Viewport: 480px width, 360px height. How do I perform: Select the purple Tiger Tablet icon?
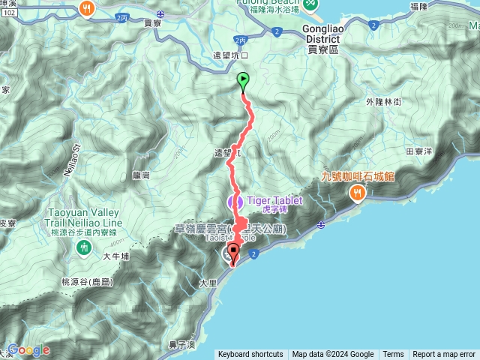click(232, 201)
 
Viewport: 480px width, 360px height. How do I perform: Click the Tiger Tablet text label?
click(271, 200)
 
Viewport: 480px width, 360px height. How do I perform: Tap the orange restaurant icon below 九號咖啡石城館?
click(356, 192)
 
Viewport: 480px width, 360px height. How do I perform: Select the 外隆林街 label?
click(383, 100)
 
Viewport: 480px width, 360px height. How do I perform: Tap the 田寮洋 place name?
click(418, 151)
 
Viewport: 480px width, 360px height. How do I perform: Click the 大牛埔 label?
click(118, 256)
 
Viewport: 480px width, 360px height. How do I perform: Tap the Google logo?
click(28, 349)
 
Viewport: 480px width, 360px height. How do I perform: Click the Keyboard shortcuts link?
click(250, 355)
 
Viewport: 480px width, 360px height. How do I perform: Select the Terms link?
click(393, 355)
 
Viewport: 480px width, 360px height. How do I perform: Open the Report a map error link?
click(444, 355)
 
